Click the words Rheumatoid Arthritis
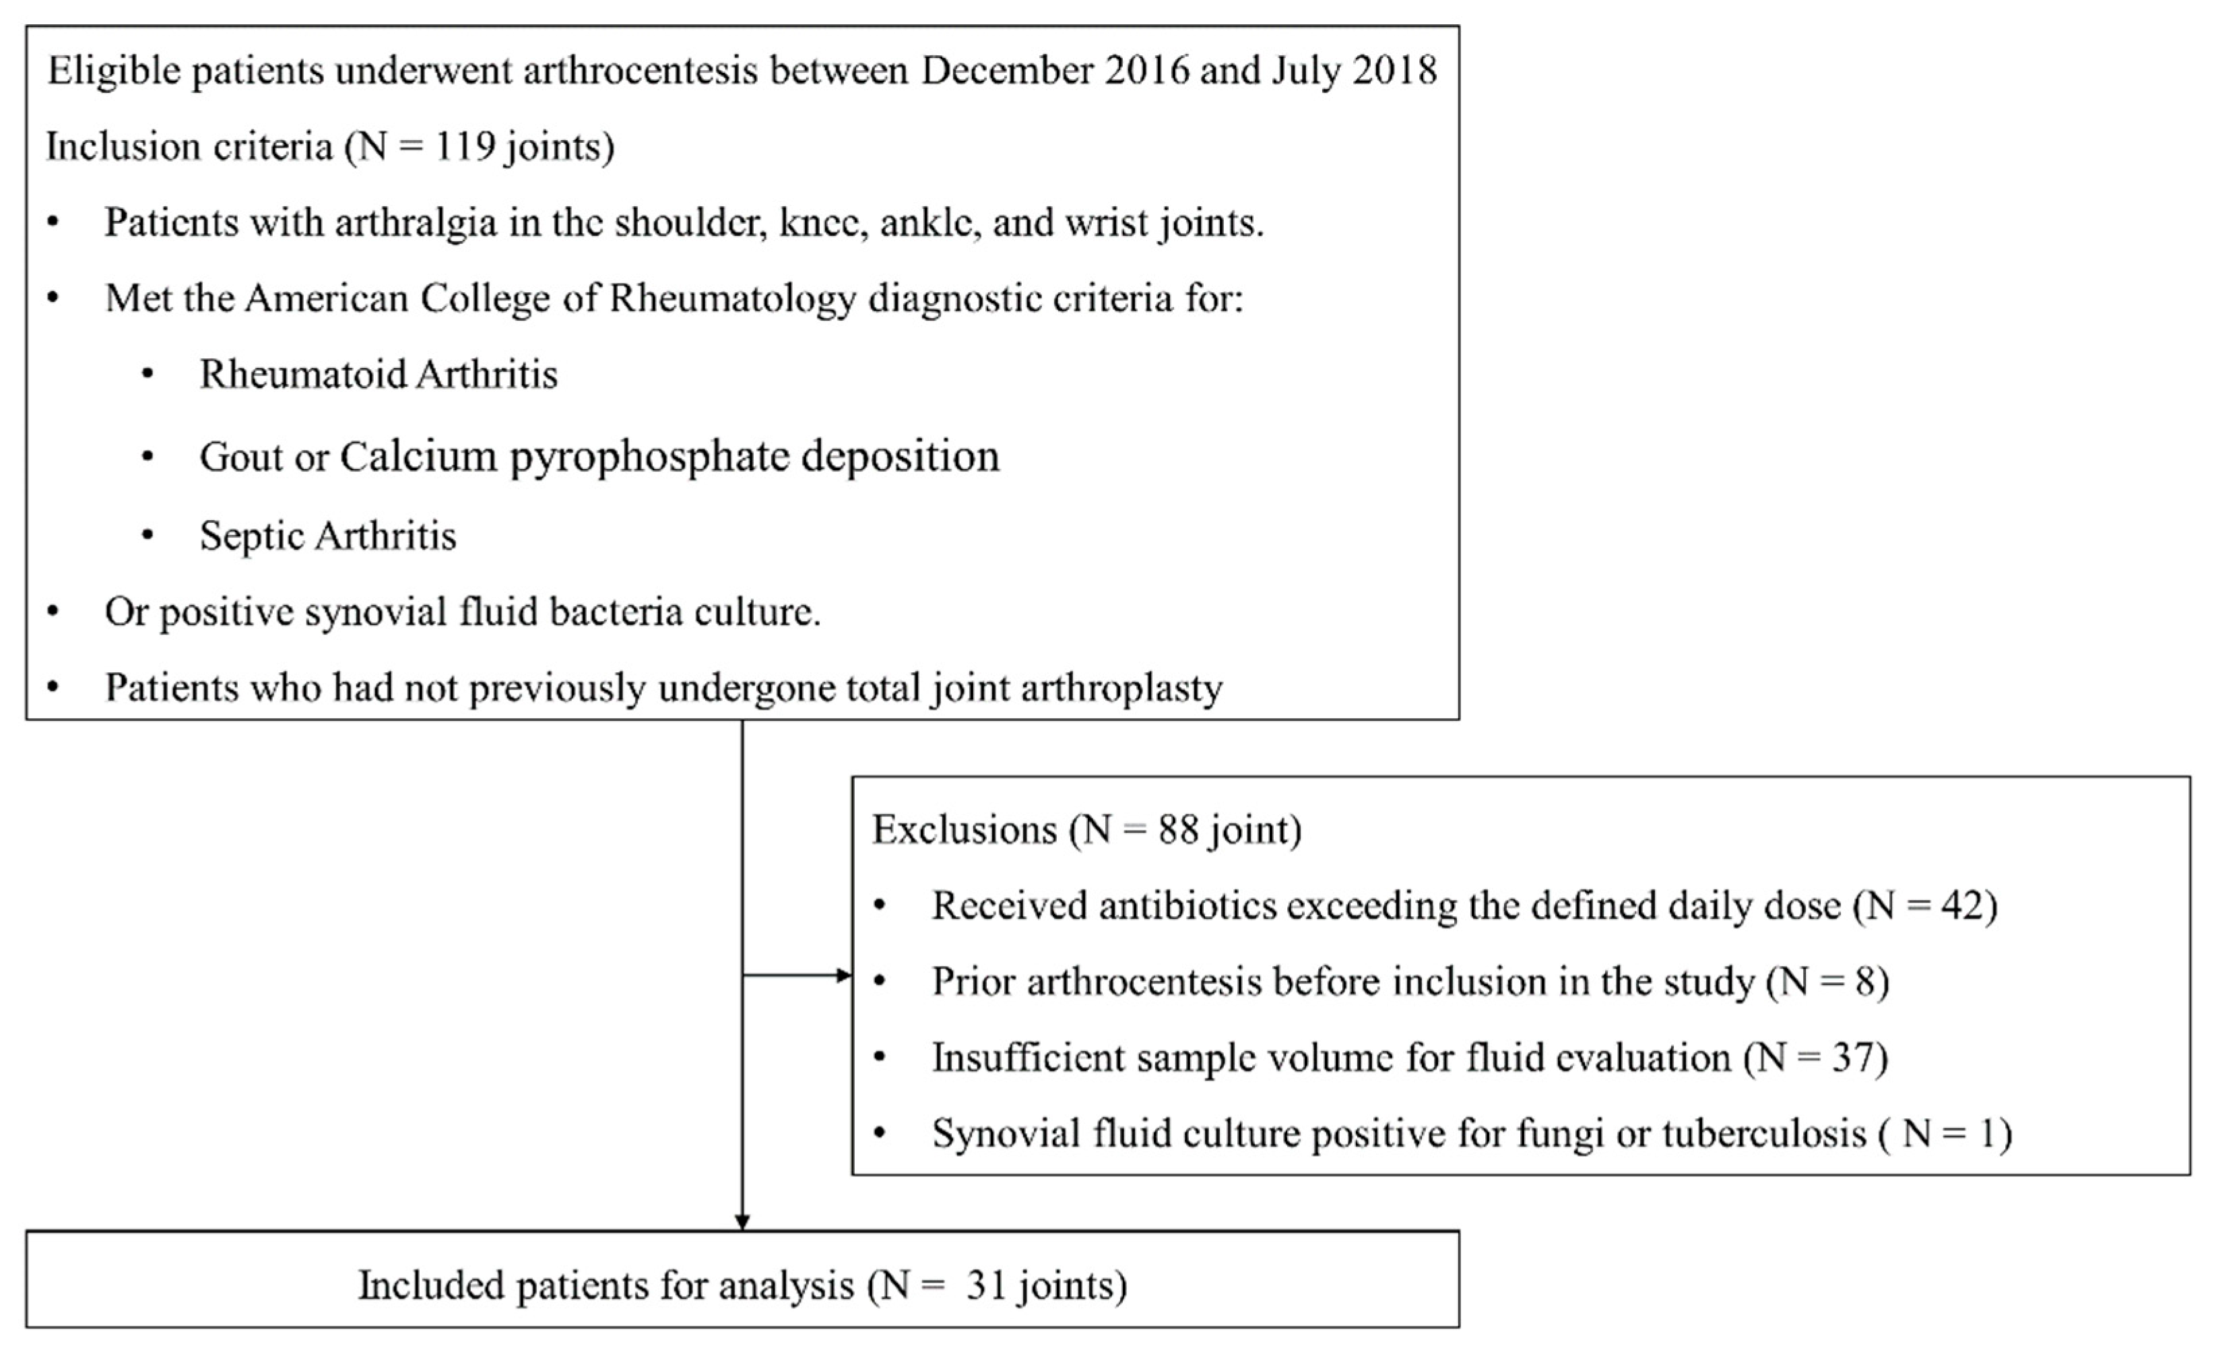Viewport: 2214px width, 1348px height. pyautogui.click(x=379, y=374)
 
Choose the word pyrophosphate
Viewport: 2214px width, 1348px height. pyautogui.click(x=651, y=457)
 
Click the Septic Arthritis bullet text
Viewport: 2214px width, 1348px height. pyautogui.click(x=328, y=536)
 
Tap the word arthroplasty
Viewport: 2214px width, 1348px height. pyautogui.click(x=1121, y=688)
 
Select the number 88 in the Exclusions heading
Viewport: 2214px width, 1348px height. pyautogui.click(x=1178, y=829)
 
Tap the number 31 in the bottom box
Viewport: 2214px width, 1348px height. pyautogui.click(x=985, y=1285)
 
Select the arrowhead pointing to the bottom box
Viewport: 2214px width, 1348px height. pyautogui.click(x=742, y=1222)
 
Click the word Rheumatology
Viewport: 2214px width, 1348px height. pyautogui.click(x=732, y=298)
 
